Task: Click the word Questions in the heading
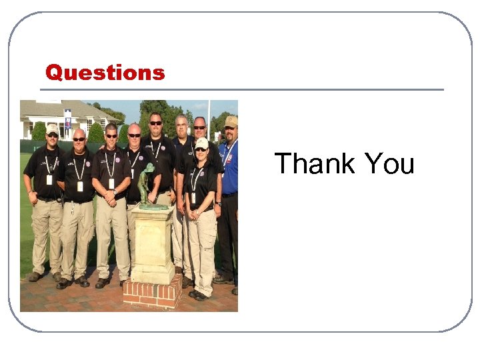click(105, 72)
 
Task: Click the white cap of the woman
click(201, 143)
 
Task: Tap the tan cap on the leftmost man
click(52, 128)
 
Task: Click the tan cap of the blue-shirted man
click(231, 121)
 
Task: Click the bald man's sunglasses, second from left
click(79, 139)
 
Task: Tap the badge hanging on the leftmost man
click(49, 179)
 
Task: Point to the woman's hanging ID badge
click(194, 197)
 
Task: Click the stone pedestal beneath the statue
click(153, 243)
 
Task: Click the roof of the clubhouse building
click(60, 109)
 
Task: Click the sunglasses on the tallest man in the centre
click(155, 123)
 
